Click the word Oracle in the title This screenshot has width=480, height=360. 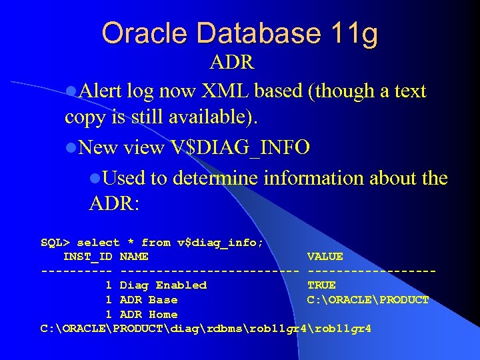pyautogui.click(x=141, y=33)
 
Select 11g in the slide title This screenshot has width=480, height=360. pyautogui.click(x=353, y=33)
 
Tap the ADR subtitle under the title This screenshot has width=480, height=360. pyautogui.click(x=231, y=63)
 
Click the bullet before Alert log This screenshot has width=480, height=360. pyautogui.click(x=71, y=91)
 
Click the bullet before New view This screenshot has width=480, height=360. pyautogui.click(x=71, y=147)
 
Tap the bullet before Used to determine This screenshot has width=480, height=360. pyautogui.click(x=95, y=179)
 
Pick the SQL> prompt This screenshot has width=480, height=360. pyautogui.click(x=55, y=243)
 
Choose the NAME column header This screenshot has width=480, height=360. pyautogui.click(x=135, y=257)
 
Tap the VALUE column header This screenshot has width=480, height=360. pyautogui.click(x=325, y=257)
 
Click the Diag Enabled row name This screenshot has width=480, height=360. pyautogui.click(x=163, y=285)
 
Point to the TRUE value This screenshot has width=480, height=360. pyautogui.click(x=321, y=285)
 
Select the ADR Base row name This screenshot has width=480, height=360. pyautogui.click(x=149, y=300)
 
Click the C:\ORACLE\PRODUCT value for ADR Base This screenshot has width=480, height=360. pyautogui.click(x=367, y=300)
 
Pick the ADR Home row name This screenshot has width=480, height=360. pyautogui.click(x=149, y=315)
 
